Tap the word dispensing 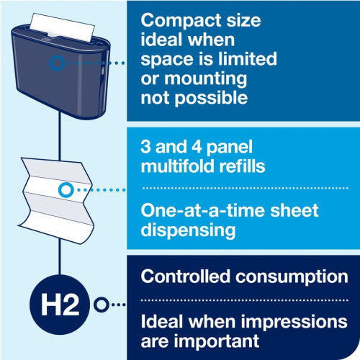coord(188,230)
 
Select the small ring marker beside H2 coord(102,305)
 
